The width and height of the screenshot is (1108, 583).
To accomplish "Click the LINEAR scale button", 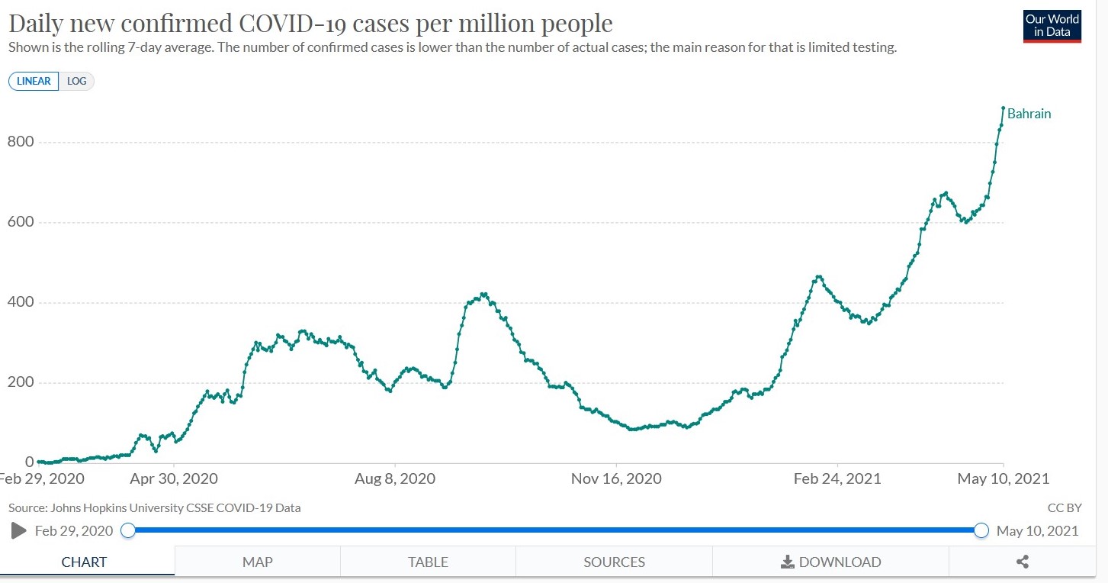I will [34, 81].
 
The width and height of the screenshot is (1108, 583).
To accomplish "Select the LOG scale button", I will [76, 81].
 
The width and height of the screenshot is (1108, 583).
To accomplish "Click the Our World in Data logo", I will [1052, 26].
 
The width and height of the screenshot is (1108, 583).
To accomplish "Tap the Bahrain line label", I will [1029, 114].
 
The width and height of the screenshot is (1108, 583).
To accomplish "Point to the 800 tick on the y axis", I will [21, 142].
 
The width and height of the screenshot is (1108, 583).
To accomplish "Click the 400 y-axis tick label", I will [21, 302].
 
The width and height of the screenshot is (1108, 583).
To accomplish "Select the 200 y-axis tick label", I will [21, 382].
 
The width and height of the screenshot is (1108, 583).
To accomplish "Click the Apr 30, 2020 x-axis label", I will [174, 479].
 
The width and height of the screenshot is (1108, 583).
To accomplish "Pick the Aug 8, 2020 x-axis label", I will [395, 479].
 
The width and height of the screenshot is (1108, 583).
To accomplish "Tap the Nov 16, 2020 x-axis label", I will [616, 479].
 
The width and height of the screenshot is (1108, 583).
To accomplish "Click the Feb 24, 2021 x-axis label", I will [837, 479].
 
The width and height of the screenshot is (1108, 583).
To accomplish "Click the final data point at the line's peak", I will [1003, 108].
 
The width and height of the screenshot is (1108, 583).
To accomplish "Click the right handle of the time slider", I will [981, 530].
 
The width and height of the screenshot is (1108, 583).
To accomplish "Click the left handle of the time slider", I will [128, 530].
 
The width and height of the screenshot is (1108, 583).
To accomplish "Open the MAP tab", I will [257, 562].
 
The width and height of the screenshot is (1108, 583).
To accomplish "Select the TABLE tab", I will [428, 562].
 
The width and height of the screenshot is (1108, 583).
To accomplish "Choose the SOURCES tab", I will [614, 562].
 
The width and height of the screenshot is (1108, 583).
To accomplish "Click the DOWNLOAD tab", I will [830, 562].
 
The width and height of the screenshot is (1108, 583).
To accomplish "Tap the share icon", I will [1023, 562].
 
